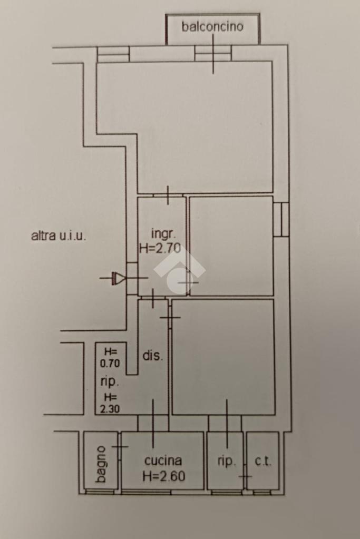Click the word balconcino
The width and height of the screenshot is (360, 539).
[212, 26]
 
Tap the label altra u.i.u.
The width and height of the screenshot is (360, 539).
[59, 236]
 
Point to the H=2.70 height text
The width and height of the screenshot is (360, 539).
[160, 248]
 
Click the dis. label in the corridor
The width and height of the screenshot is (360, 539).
[153, 355]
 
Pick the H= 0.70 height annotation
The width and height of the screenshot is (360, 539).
[110, 357]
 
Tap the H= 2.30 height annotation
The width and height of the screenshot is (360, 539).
[110, 403]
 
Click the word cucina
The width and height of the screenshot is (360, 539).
[163, 460]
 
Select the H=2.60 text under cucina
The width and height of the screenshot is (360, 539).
[164, 476]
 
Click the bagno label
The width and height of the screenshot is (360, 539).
[101, 464]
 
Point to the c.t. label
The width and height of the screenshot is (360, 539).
[263, 461]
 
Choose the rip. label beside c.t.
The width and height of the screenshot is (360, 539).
[226, 461]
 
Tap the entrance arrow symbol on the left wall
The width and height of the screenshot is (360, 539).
[117, 278]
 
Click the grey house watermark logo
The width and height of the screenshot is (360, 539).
[179, 271]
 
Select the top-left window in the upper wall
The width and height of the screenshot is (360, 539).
[113, 54]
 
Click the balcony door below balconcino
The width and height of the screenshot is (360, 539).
[213, 53]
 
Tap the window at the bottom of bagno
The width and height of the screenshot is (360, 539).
[100, 492]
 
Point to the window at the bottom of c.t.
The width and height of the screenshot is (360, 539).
[262, 492]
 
